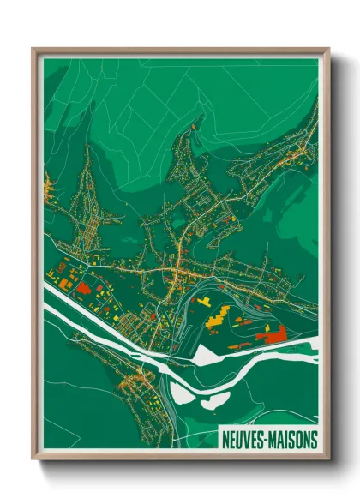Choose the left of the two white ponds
(x=183, y=395)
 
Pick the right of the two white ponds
(x=216, y=399)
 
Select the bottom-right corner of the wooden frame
(x=327, y=458)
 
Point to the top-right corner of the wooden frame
(x=327, y=50)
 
